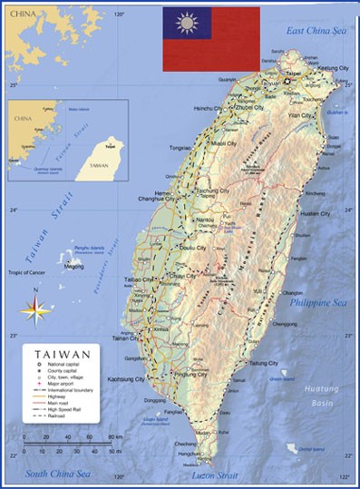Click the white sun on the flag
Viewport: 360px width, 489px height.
point(187,23)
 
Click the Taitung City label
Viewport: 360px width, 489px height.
point(263,363)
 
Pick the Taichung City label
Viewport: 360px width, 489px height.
point(213,191)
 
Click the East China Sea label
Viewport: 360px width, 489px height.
point(316,31)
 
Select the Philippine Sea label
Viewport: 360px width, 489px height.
point(317,302)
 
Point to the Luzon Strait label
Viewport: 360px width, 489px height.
point(214,475)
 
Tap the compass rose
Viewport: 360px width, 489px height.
point(35,311)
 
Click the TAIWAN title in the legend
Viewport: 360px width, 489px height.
point(62,355)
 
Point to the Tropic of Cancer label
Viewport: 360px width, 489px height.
point(26,272)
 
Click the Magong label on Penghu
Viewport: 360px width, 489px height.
point(74,267)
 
